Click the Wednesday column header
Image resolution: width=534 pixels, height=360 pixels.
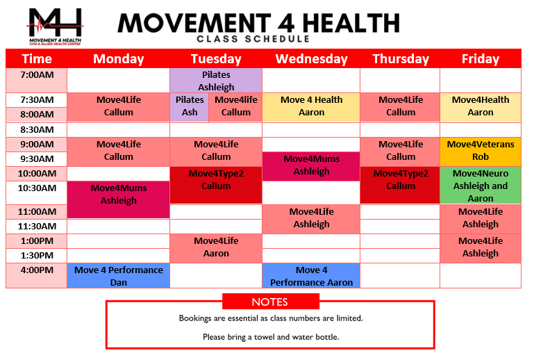point(311,59)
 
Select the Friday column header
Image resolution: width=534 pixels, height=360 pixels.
point(480,59)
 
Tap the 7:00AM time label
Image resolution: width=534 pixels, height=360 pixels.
point(37,74)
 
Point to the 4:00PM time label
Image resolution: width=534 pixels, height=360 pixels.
point(37,270)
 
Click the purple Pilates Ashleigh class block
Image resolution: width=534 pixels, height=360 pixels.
point(216,81)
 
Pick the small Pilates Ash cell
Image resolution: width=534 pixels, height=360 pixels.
point(190,106)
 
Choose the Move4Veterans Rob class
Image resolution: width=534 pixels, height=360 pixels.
point(480,151)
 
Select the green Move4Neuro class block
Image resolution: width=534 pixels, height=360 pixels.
point(480,186)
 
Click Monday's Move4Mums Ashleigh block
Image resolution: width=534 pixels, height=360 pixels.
point(119,195)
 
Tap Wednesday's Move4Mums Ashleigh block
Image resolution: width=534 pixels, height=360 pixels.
point(311,166)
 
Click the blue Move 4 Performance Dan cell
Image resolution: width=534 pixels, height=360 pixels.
point(119,276)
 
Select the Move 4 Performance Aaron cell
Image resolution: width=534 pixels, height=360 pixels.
point(311,276)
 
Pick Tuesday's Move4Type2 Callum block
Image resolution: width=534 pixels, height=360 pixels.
point(216,180)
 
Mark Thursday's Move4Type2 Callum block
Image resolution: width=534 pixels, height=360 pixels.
point(400,180)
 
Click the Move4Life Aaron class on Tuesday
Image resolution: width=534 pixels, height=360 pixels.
point(216,247)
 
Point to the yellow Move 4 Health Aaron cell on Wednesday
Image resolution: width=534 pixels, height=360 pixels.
point(311,106)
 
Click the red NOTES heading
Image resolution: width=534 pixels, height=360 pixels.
point(270,302)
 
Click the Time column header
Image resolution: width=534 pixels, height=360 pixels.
point(37,59)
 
